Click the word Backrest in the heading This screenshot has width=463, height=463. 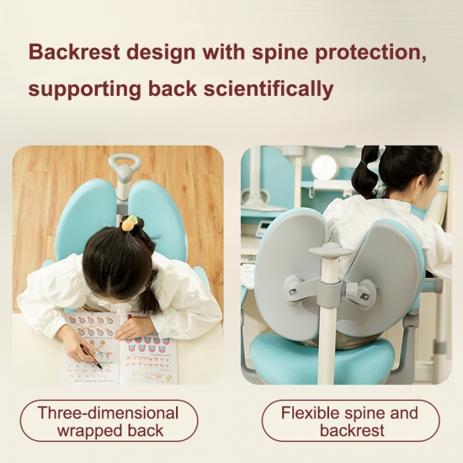[x=74, y=52]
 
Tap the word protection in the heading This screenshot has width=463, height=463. [x=370, y=53]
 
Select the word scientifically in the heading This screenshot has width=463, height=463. [x=269, y=89]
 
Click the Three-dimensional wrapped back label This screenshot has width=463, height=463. [x=109, y=421]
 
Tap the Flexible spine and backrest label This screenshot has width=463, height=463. [x=350, y=421]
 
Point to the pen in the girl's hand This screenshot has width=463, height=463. [x=91, y=356]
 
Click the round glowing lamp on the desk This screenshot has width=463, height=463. [x=324, y=168]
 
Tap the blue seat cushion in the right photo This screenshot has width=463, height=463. [x=322, y=358]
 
